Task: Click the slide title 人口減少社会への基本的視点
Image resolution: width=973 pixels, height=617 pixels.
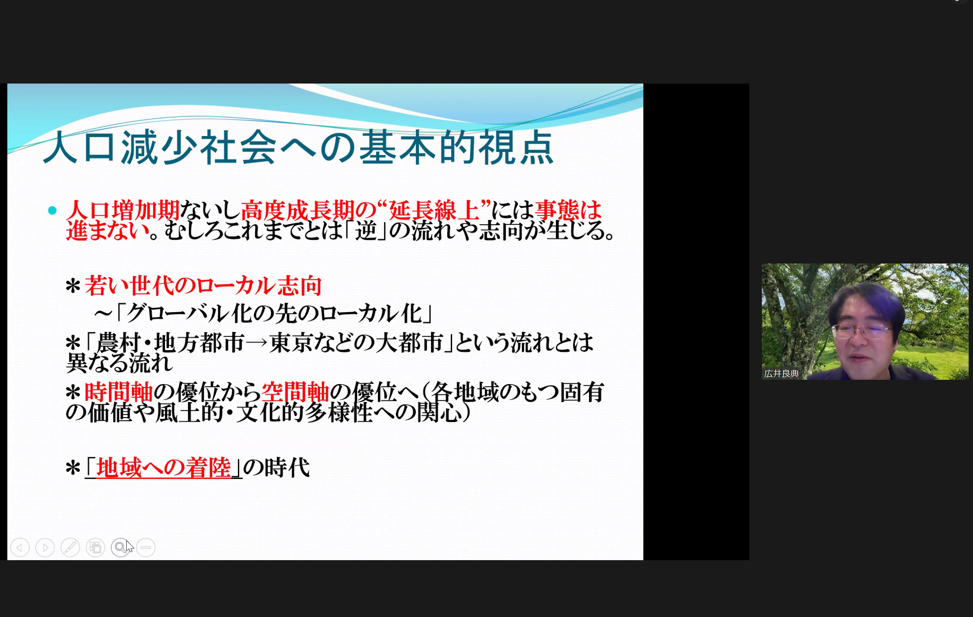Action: pos(298,147)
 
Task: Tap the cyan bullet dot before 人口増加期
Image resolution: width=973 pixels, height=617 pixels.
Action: pos(53,211)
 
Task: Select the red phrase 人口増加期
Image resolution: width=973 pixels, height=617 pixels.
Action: pos(123,211)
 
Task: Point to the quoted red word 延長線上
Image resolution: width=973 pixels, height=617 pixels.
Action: pos(434,211)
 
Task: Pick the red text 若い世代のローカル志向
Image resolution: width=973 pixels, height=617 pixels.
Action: pos(203,285)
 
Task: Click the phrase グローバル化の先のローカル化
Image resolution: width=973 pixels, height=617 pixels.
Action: pos(274,313)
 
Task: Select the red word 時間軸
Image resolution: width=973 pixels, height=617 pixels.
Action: pos(119,392)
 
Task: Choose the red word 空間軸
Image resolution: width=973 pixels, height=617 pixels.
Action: pos(296,392)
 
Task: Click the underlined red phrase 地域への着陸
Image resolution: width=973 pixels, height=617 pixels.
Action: pos(164,468)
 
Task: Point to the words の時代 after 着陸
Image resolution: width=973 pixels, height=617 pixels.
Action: pos(277,468)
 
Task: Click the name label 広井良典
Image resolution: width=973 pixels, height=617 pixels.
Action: pos(781,374)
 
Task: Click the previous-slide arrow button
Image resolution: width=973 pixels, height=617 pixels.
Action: pos(20,548)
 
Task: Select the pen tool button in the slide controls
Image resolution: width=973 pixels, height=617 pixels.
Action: pos(70,548)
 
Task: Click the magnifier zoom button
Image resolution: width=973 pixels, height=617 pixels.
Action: pos(120,548)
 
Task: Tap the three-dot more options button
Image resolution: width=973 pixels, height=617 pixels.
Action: pos(146,548)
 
